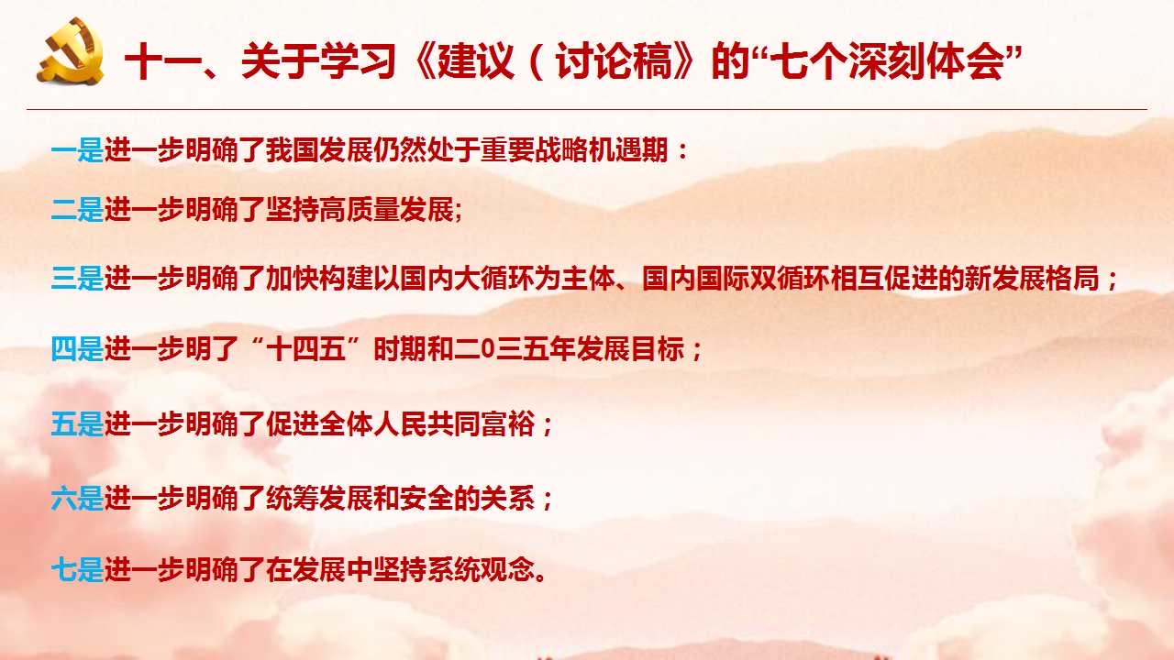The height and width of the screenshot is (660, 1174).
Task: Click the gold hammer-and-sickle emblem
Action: (x=71, y=50)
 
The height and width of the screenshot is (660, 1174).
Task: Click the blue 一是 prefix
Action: (x=78, y=150)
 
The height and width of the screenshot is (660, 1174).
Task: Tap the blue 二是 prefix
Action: (x=78, y=210)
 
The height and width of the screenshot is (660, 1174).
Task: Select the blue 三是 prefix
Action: (x=78, y=278)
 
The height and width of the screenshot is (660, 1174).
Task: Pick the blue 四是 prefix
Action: (x=78, y=349)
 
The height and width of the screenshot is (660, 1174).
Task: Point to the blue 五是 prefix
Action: (x=78, y=423)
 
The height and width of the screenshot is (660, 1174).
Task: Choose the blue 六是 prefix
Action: (x=78, y=498)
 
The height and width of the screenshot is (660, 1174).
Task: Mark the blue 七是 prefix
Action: (x=78, y=570)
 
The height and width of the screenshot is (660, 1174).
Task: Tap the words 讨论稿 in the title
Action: (x=614, y=61)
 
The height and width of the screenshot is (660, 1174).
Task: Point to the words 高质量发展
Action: (x=387, y=210)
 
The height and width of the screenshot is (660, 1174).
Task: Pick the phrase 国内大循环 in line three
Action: (x=468, y=278)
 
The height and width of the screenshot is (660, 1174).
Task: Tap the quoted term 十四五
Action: (x=306, y=349)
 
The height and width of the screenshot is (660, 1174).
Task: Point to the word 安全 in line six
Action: (x=427, y=498)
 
